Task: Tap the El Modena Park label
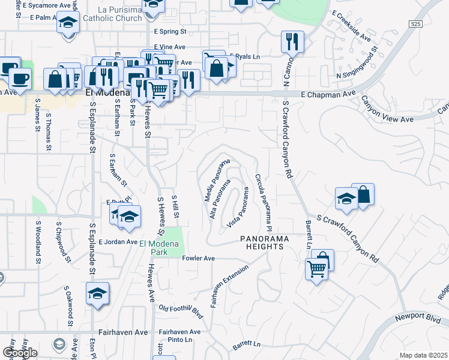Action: click(158, 247)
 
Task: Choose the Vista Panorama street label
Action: click(238, 208)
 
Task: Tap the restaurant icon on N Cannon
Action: click(292, 43)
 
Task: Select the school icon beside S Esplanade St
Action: click(97, 294)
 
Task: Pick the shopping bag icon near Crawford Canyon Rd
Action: click(363, 195)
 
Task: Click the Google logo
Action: click(20, 353)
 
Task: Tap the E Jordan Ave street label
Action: click(119, 242)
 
